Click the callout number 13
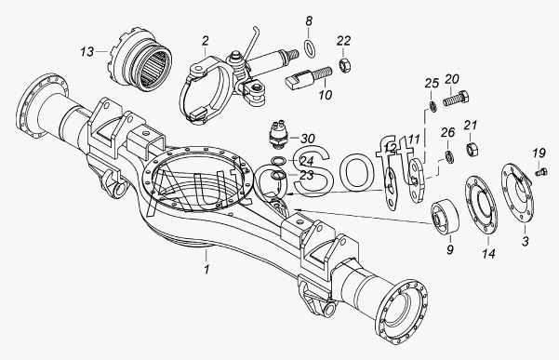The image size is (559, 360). pyautogui.click(x=87, y=52)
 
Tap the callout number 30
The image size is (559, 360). pyautogui.click(x=308, y=139)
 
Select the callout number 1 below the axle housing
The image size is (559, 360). pyautogui.click(x=206, y=269)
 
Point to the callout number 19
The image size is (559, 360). pyautogui.click(x=539, y=153)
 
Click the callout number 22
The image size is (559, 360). pyautogui.click(x=343, y=41)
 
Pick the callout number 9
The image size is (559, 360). pyautogui.click(x=450, y=249)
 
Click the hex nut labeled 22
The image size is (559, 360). pyautogui.click(x=345, y=65)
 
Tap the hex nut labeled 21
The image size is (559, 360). pyautogui.click(x=472, y=149)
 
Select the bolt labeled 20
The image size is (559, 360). pyautogui.click(x=456, y=98)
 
